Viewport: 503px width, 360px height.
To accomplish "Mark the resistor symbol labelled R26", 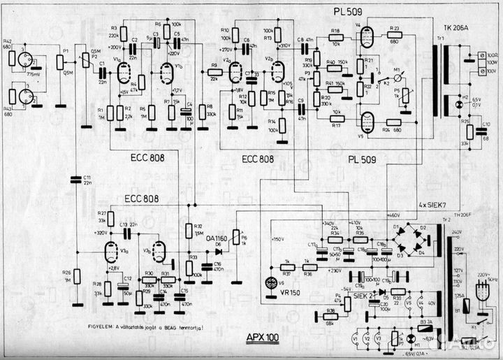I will pyautogui.click(x=78, y=276).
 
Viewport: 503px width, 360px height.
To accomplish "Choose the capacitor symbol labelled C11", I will pyautogui.click(x=77, y=184).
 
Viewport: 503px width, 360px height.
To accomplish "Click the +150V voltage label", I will pyautogui.click(x=280, y=239).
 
